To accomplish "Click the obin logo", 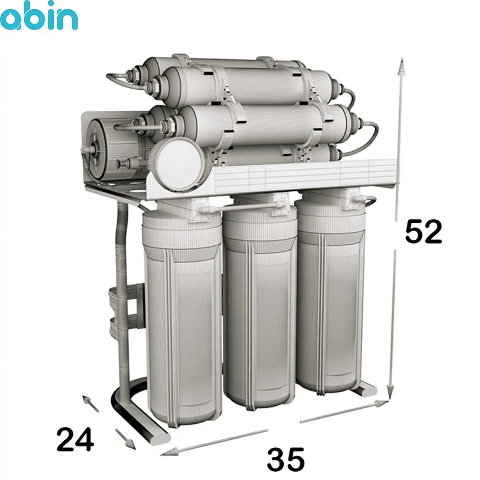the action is [39, 16].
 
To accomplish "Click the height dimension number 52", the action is [424, 232].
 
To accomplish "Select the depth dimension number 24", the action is [75, 440].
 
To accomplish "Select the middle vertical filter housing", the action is [260, 301].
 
